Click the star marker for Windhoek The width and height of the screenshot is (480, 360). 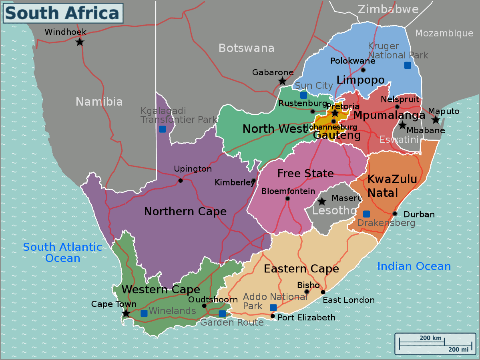[x=80, y=42]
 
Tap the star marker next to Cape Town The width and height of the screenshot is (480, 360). [x=126, y=313]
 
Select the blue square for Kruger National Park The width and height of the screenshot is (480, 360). [x=408, y=65]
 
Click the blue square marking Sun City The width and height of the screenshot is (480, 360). [x=303, y=95]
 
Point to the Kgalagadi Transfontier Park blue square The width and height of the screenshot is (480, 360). [x=162, y=129]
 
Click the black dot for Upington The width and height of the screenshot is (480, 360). [x=180, y=180]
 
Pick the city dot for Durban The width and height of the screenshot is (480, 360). [x=395, y=214]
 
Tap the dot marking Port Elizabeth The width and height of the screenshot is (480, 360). [x=273, y=316]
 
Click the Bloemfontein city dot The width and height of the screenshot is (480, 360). [x=287, y=198]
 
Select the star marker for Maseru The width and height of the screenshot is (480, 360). [x=321, y=202]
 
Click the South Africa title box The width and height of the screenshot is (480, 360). [x=63, y=13]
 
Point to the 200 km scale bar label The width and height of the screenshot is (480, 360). [x=430, y=338]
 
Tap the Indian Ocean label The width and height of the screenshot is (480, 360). [x=414, y=266]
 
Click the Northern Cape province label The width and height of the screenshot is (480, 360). [x=185, y=211]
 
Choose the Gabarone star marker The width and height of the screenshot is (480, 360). [x=282, y=81]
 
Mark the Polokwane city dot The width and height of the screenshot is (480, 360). [x=363, y=70]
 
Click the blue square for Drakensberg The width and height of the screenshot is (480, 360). [x=366, y=214]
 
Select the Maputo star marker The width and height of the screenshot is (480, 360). [x=436, y=120]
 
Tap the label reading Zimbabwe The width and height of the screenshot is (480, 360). [x=388, y=9]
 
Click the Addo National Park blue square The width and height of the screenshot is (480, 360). [x=273, y=307]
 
